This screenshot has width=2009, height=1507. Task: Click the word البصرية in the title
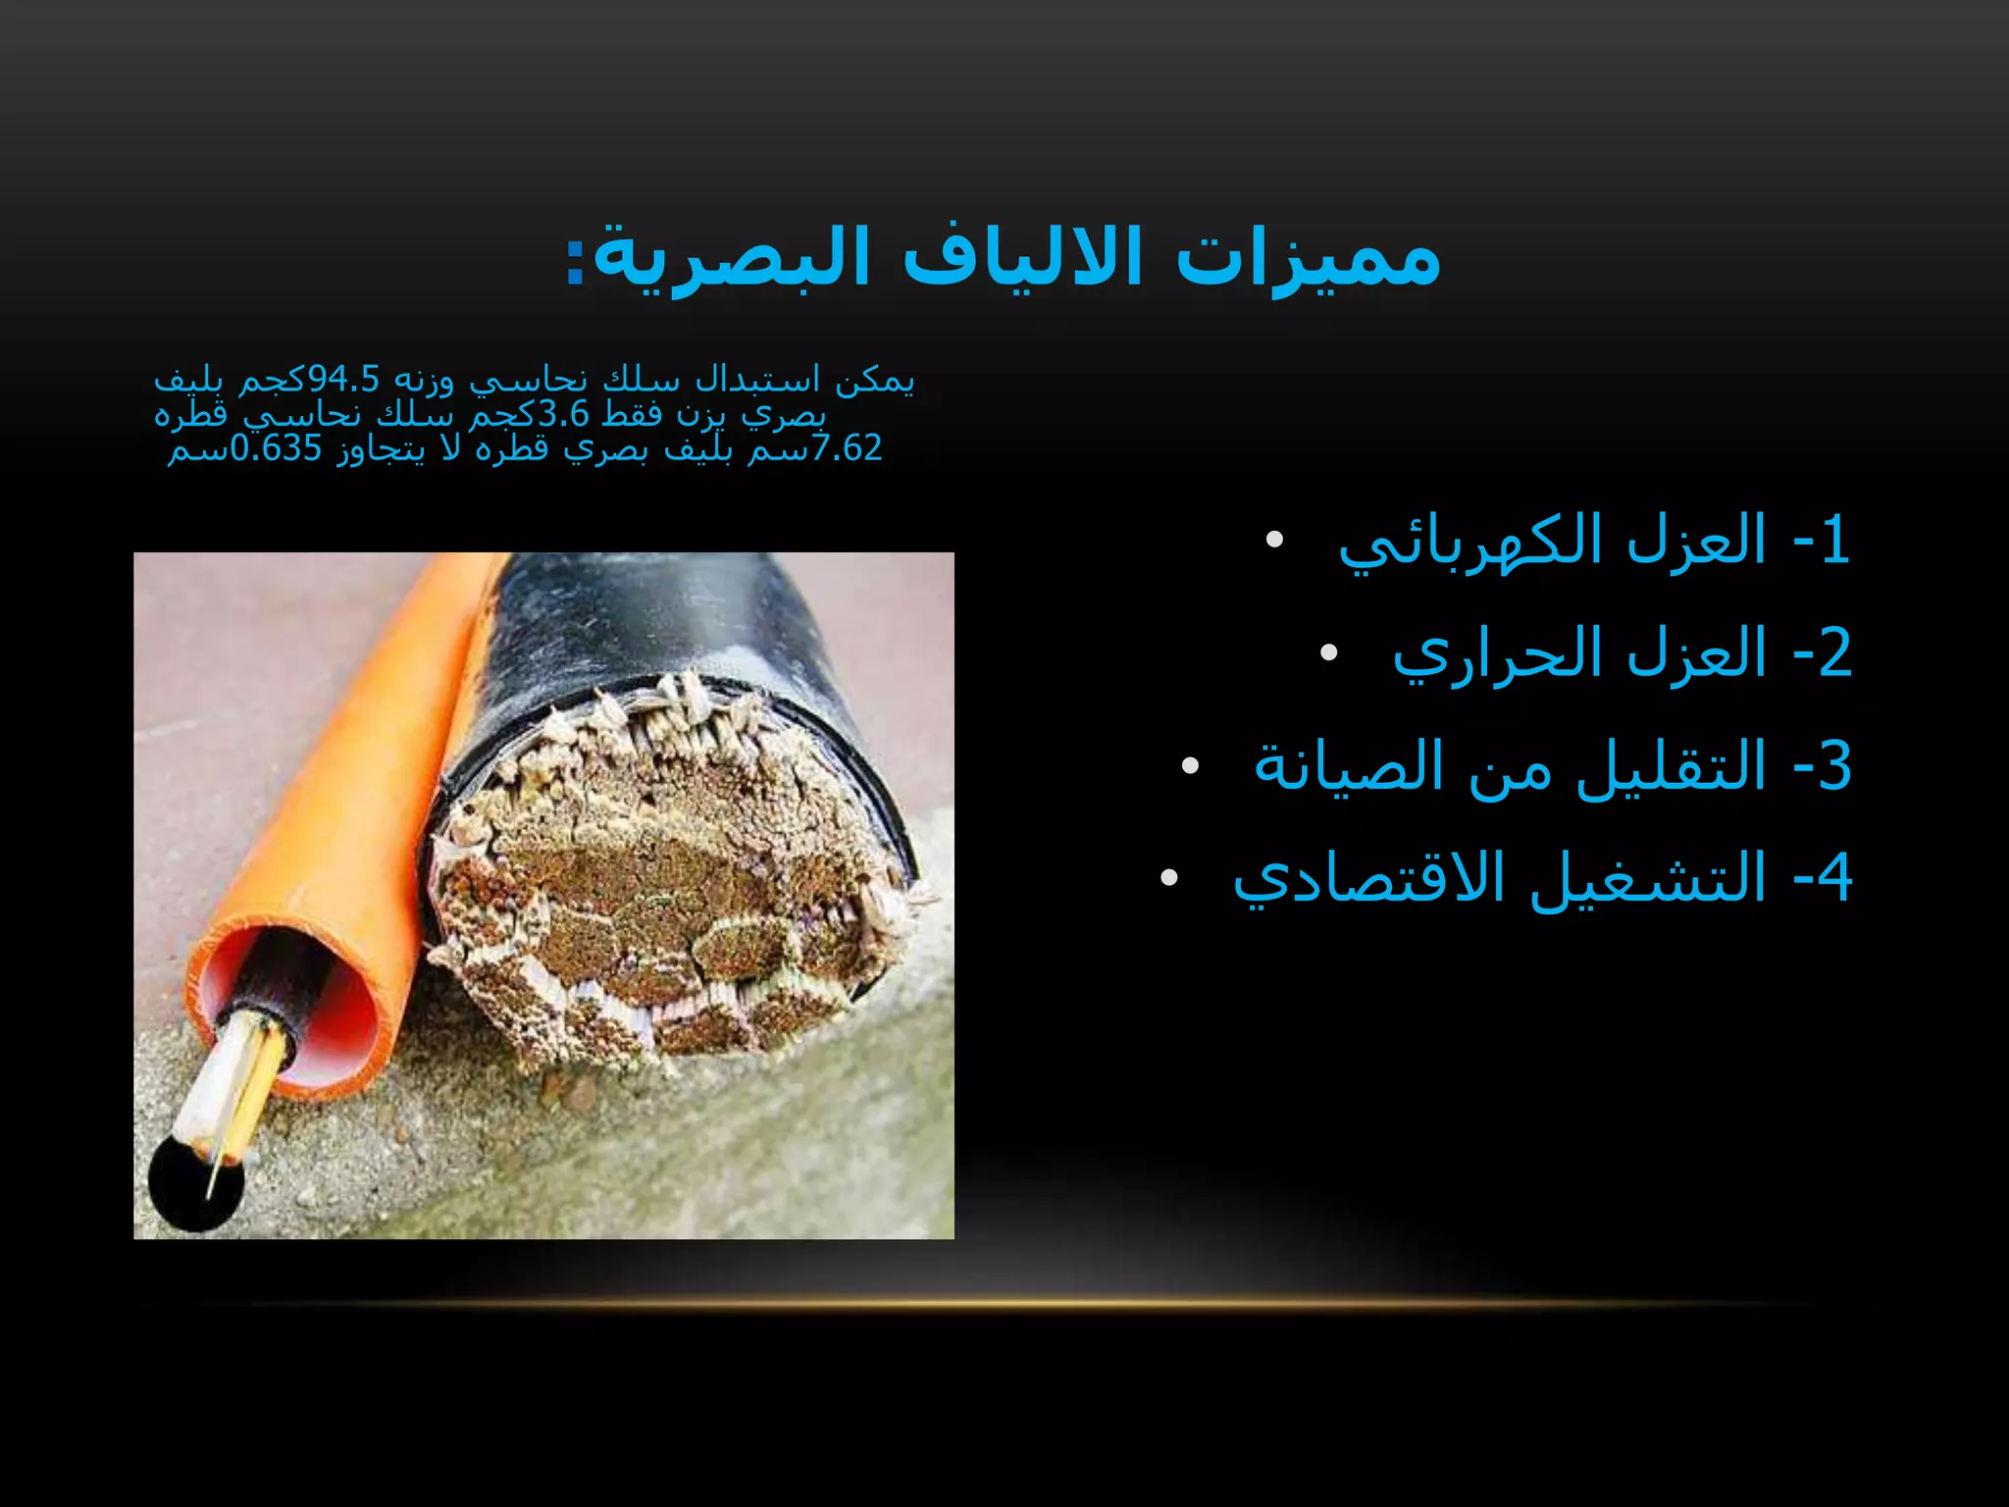tap(730, 259)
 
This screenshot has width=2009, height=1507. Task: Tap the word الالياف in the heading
tap(1021, 259)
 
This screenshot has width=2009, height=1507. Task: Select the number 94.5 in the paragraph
tap(343, 379)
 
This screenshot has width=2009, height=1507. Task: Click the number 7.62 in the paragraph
tap(847, 448)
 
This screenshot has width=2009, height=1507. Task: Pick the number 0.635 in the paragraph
tap(276, 448)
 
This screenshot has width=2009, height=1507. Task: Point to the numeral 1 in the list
tap(1833, 543)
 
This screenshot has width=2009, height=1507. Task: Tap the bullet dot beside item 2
tap(1328, 653)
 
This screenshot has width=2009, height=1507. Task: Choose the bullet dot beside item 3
tap(1190, 766)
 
